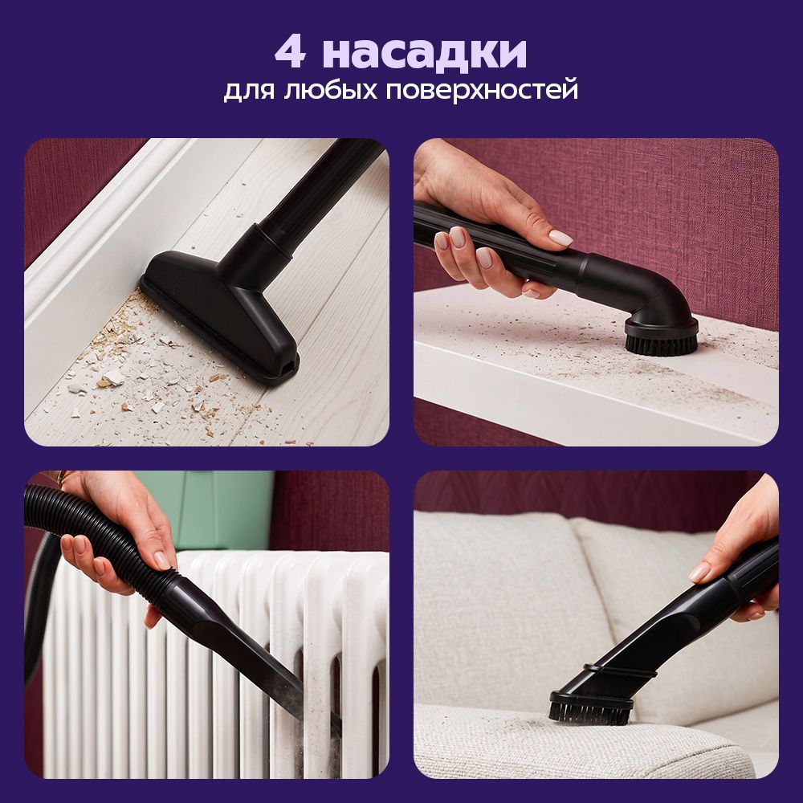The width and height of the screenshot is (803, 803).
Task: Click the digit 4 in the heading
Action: pos(291,53)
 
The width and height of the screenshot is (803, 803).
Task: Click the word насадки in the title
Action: pos(425,53)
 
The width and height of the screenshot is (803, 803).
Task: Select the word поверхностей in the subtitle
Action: pos(482,90)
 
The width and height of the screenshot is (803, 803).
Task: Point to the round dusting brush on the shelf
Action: pos(661,334)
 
